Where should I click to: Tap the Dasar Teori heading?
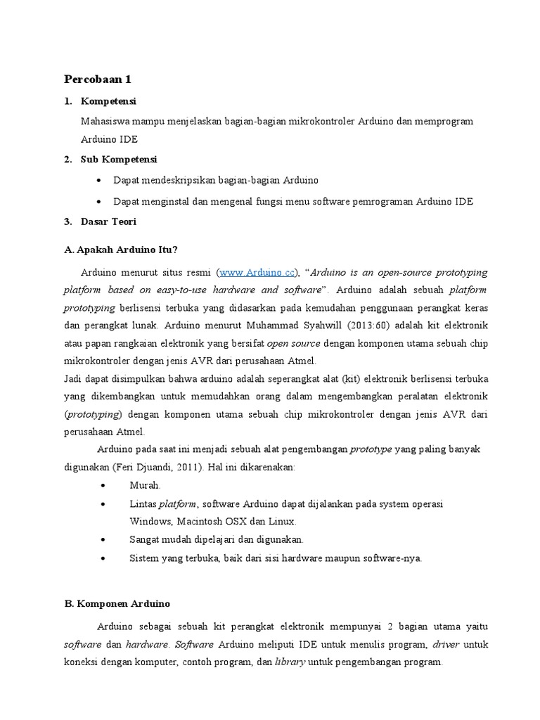(x=109, y=221)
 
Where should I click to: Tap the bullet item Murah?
(x=146, y=485)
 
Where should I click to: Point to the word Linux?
(x=281, y=522)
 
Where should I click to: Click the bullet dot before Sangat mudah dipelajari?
(x=104, y=540)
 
